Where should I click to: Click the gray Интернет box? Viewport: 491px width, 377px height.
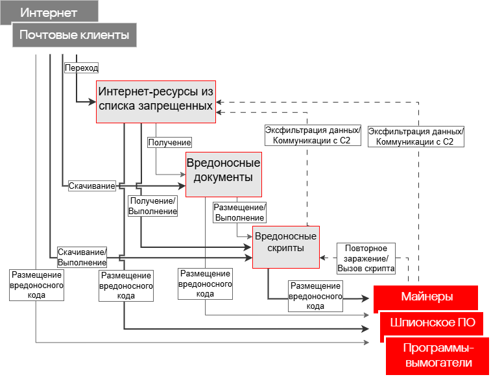coord(49,12)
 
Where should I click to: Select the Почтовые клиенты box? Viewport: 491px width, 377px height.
coord(74,35)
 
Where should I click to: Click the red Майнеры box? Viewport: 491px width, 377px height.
coord(425,297)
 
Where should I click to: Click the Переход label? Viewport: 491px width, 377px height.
coord(81,67)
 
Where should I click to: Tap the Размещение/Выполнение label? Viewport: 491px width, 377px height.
coord(240,212)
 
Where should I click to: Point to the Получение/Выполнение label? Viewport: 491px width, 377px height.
coord(153,206)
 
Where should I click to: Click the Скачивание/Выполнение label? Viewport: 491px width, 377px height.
coord(82,257)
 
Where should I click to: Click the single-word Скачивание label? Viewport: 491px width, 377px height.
coord(92,186)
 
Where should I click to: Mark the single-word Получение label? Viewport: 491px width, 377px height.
coord(169,142)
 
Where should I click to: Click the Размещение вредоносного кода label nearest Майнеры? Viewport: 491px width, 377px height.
coord(315,296)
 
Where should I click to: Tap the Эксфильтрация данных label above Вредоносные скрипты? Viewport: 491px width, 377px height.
coord(313,135)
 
